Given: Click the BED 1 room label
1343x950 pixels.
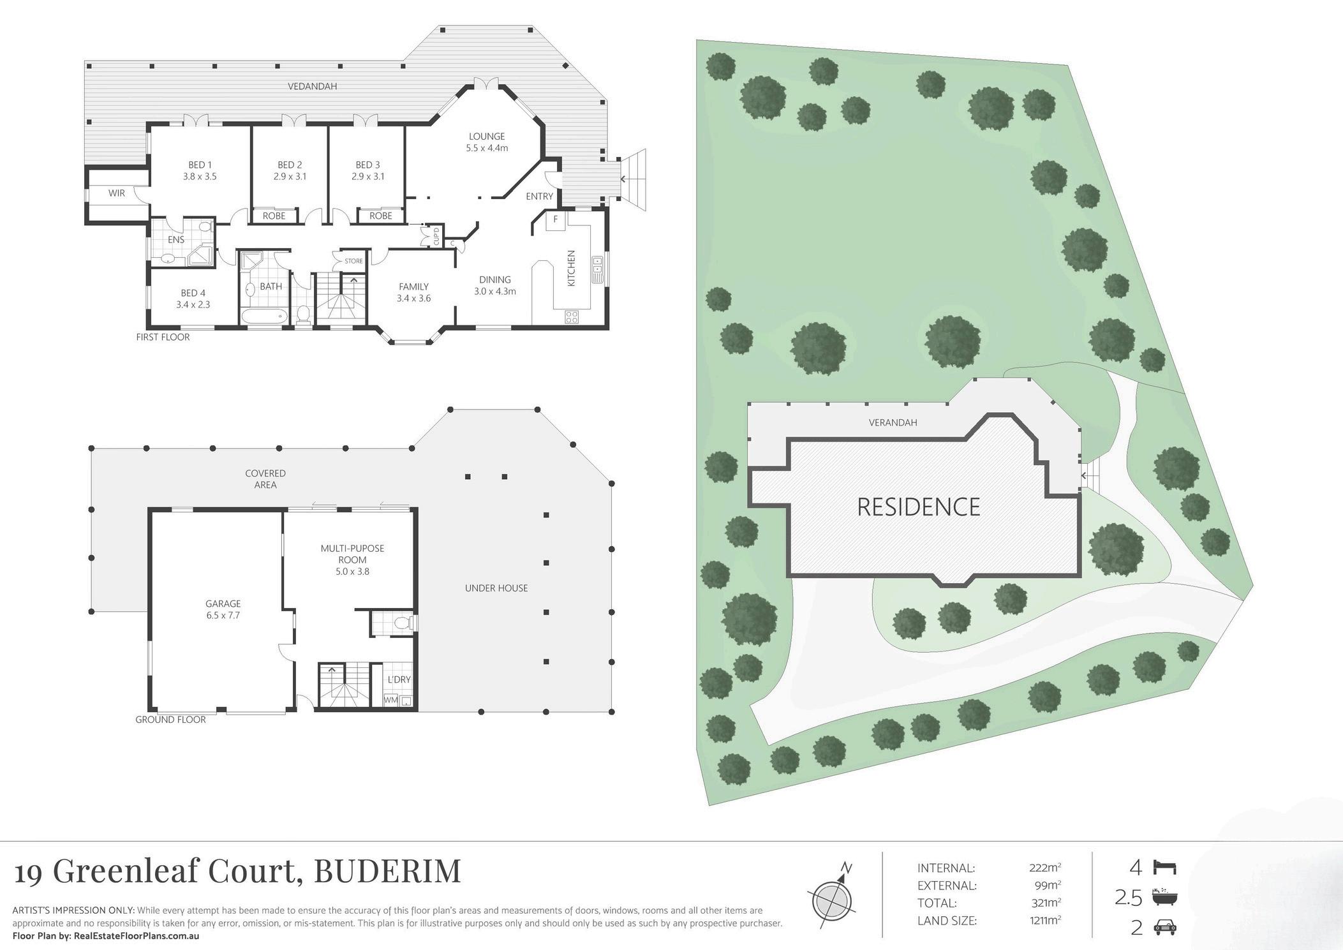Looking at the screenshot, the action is point(200,170).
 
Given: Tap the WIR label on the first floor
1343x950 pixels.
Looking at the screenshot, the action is point(117,193).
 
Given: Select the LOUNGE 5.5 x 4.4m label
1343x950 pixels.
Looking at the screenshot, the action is point(487,142).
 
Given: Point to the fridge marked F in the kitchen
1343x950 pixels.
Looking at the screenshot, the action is point(556,219).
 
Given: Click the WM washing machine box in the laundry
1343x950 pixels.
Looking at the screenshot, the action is point(390,700).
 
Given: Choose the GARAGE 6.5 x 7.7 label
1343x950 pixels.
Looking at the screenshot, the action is point(223,609).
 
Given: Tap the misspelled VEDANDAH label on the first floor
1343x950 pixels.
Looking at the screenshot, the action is point(312,86).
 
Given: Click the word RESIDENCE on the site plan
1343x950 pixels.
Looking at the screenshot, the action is point(918,507).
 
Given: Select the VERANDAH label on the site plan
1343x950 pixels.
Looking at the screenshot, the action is point(893,422).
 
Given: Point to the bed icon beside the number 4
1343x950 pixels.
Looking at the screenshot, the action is point(1164,868).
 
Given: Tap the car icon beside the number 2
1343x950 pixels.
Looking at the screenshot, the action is point(1165,928).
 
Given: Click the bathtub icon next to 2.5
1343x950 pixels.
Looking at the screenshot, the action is point(1165,898).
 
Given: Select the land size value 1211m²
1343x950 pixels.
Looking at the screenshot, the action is point(1045,921).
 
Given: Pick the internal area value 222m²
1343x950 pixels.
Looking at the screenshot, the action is point(1045,868).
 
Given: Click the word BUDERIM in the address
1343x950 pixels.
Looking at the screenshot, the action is point(387,871).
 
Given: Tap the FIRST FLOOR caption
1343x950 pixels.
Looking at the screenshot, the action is point(163,337).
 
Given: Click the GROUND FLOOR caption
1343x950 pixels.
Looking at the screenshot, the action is point(170,720).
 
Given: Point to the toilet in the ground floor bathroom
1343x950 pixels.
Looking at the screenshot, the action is point(402,623).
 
